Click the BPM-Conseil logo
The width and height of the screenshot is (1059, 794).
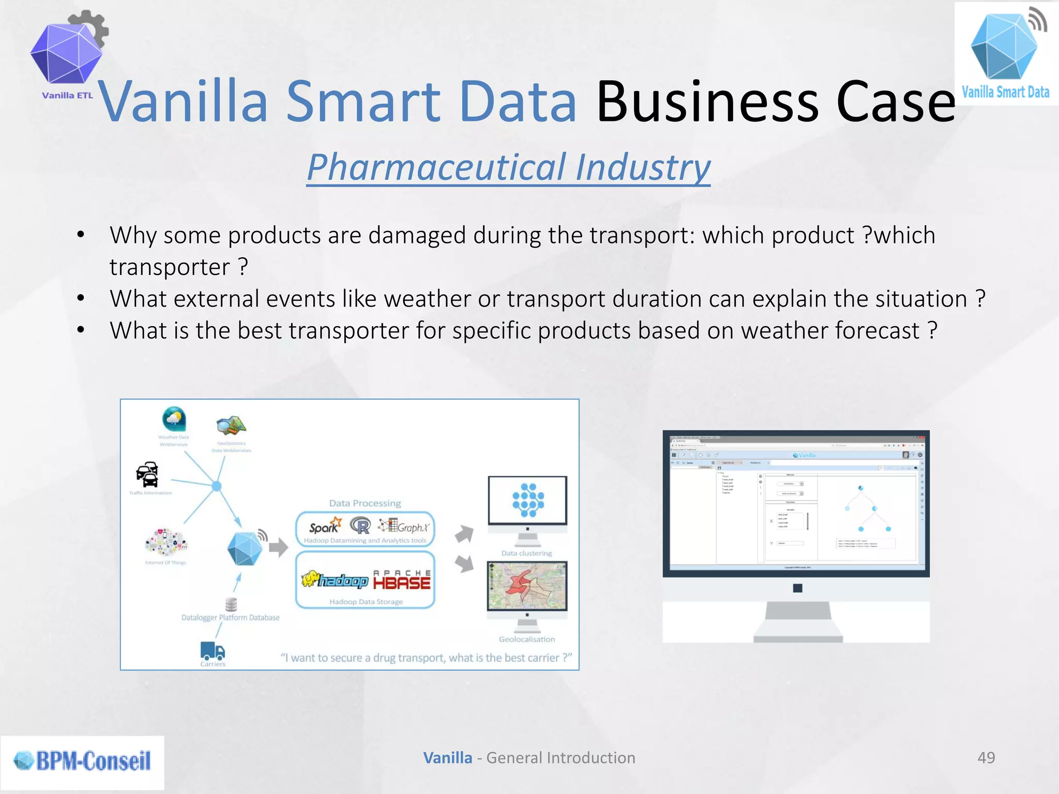pos(83,761)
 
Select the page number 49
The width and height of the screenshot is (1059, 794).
pos(986,758)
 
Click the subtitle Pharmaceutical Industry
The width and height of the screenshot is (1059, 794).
pos(508,167)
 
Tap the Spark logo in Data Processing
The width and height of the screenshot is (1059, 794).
pos(325,526)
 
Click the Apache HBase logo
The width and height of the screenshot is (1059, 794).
pos(402,580)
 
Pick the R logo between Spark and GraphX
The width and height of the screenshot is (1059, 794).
pos(361,526)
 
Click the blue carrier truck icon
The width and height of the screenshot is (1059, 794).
pos(213,650)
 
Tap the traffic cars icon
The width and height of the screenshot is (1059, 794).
pos(147,474)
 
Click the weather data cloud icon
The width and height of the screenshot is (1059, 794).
pos(174,418)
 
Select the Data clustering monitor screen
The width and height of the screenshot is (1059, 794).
pos(527,500)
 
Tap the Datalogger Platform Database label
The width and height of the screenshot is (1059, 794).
pos(230,617)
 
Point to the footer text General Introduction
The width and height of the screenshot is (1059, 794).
pos(561,758)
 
